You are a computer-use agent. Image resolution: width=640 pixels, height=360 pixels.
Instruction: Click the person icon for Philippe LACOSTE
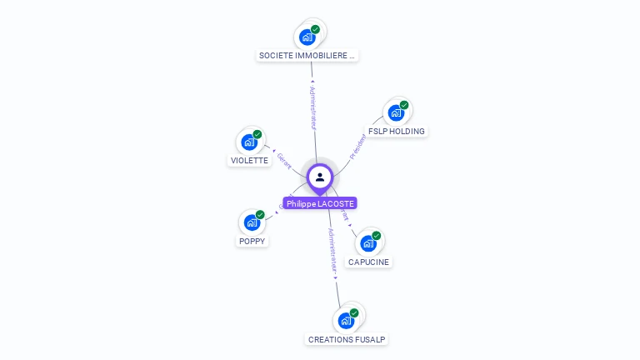(320, 177)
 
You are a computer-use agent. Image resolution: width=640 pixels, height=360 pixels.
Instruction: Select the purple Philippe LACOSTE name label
(320, 203)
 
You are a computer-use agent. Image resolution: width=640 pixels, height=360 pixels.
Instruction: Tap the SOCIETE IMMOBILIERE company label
(307, 56)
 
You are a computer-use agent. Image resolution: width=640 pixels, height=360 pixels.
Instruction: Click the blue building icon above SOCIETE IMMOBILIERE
(307, 37)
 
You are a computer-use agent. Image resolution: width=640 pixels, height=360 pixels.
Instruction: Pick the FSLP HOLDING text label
(397, 132)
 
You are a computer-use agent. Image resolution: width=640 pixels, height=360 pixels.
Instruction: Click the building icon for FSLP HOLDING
(396, 112)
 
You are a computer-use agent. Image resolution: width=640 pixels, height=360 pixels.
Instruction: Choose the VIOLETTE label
(249, 160)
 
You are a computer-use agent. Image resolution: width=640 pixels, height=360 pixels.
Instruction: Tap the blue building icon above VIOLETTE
(249, 142)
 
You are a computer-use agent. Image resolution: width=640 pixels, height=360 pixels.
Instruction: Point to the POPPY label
(252, 242)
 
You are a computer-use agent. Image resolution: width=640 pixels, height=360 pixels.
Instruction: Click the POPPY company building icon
(252, 222)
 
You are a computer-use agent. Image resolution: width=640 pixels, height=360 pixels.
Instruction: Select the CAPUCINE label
(368, 262)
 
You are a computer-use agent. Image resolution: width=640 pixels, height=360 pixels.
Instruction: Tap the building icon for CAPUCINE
(368, 243)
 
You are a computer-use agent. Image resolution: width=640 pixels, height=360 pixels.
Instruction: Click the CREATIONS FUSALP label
(347, 340)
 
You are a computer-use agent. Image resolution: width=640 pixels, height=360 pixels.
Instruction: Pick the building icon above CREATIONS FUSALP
(347, 320)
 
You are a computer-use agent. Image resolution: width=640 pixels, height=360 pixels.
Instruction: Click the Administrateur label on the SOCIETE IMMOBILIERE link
(312, 107)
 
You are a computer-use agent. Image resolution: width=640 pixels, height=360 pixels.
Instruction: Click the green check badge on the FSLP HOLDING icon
(404, 105)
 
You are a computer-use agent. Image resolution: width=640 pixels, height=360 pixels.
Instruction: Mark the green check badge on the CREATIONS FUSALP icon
(354, 312)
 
